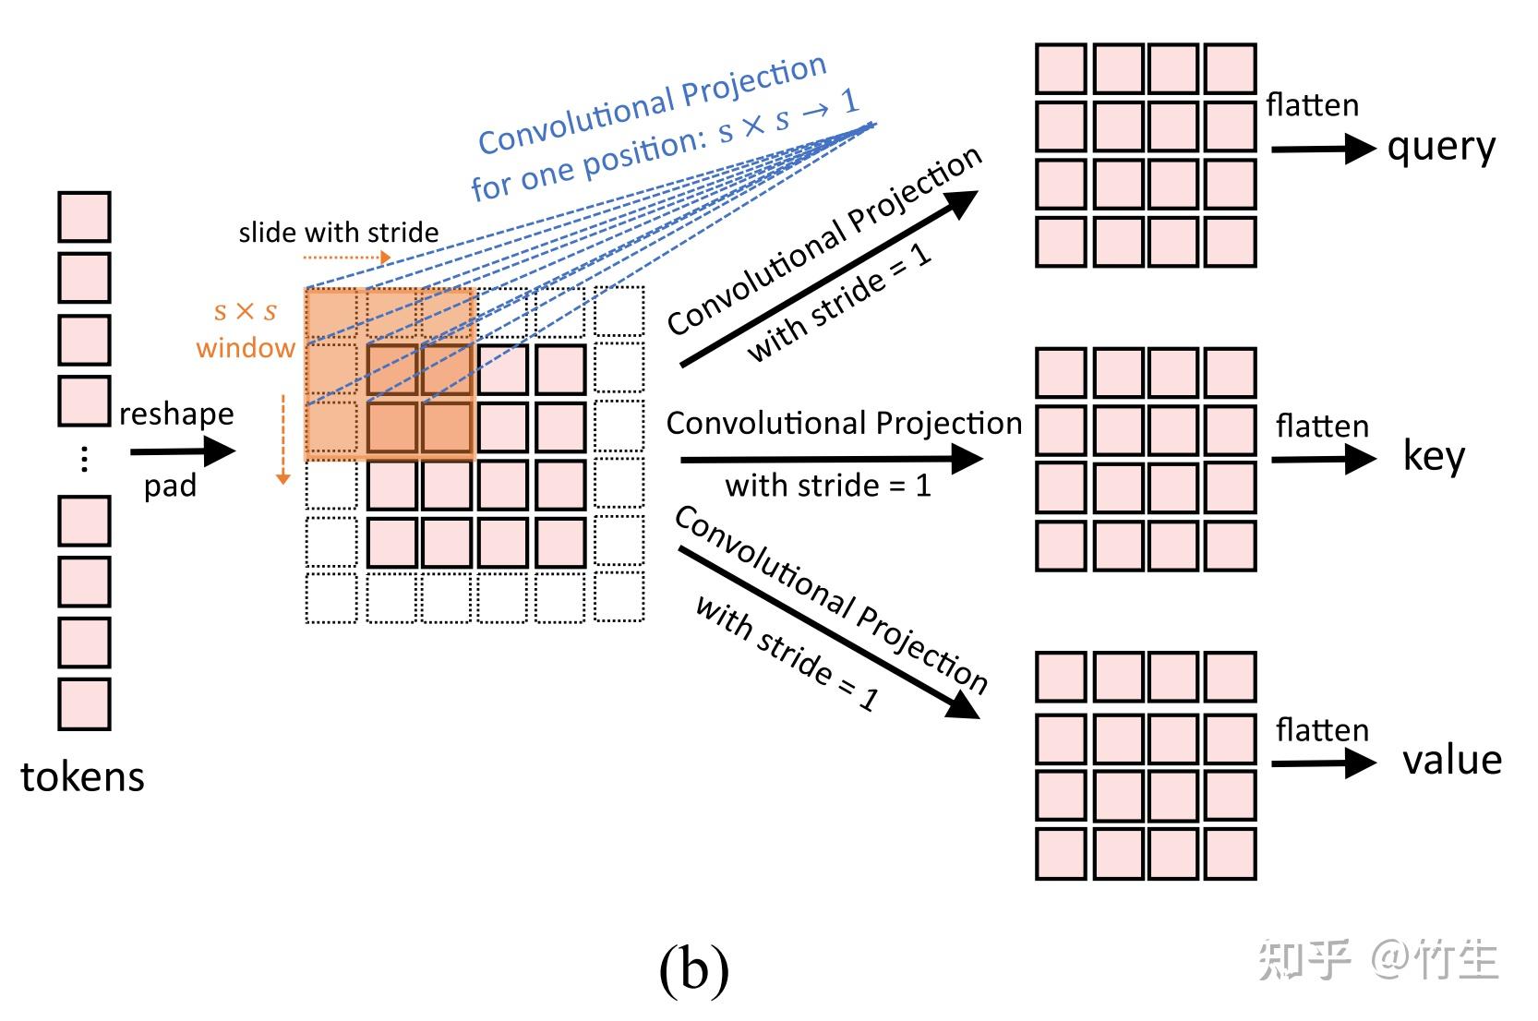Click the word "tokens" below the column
pos(82,777)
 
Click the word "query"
pos(1440,148)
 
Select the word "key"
pos(1433,457)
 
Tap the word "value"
pos(1451,760)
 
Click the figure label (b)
pos(694,969)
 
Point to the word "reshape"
pos(176,414)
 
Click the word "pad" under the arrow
pos(170,486)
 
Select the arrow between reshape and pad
pos(183,451)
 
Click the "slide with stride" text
pos(338,233)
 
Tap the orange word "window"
pos(246,348)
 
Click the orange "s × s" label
pos(245,311)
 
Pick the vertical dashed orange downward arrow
pos(283,439)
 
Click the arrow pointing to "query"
pos(1323,149)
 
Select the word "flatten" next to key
pos(1322,426)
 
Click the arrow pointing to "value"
pos(1323,763)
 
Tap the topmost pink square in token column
pos(84,217)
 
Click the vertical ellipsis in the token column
pos(84,459)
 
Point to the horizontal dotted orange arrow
pos(347,258)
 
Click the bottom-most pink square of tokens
pos(84,704)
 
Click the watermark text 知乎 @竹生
pos(1378,961)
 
